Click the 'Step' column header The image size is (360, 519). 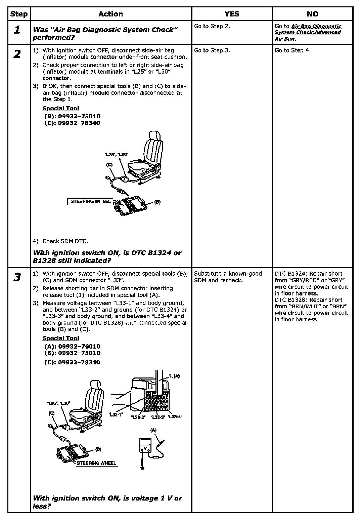[x=19, y=14]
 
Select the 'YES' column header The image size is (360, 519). [x=232, y=14]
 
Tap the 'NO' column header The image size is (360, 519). [x=312, y=14]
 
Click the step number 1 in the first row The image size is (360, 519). [x=17, y=30]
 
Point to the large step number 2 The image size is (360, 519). [x=17, y=54]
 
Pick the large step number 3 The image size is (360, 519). [x=17, y=277]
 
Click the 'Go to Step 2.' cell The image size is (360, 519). [x=212, y=26]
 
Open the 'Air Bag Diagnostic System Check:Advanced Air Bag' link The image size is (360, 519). [x=308, y=32]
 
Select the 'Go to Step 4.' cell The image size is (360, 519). [x=292, y=50]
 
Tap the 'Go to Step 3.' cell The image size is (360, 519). [x=212, y=50]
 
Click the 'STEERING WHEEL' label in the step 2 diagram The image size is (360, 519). [x=90, y=201]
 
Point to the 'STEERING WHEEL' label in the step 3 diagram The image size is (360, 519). [x=97, y=463]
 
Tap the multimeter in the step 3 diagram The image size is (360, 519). [x=146, y=446]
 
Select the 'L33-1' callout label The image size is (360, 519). [x=116, y=415]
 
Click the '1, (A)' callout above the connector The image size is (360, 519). [x=174, y=376]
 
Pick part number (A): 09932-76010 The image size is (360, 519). [x=72, y=346]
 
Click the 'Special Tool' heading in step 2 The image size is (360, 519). [x=61, y=108]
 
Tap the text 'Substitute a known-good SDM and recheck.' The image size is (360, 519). [x=228, y=277]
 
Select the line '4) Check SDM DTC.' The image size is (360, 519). [x=60, y=241]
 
